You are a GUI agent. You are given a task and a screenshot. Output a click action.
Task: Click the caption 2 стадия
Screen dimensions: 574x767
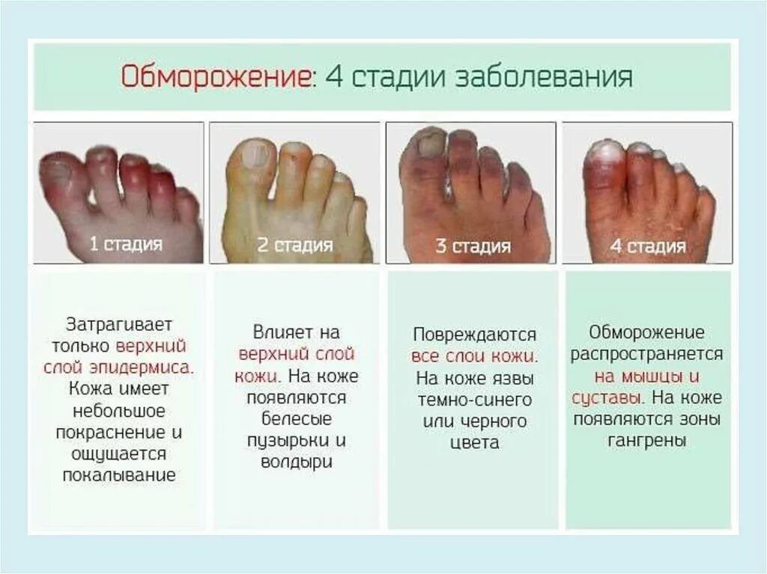(295, 244)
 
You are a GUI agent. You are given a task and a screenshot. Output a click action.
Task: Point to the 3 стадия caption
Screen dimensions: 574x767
(473, 246)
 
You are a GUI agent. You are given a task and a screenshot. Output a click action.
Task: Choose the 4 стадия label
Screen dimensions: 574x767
(648, 246)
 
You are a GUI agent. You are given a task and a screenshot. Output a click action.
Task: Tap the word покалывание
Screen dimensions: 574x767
(120, 475)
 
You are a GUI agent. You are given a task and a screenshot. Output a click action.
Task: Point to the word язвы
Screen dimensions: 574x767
(515, 377)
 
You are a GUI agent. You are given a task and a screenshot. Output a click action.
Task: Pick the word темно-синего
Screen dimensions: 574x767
(474, 399)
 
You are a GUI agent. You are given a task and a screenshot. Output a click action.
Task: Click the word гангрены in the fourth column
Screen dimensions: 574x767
(647, 441)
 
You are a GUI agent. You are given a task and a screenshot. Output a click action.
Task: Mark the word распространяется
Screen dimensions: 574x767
(647, 353)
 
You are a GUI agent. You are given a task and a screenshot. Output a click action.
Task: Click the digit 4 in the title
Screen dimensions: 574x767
(333, 77)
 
